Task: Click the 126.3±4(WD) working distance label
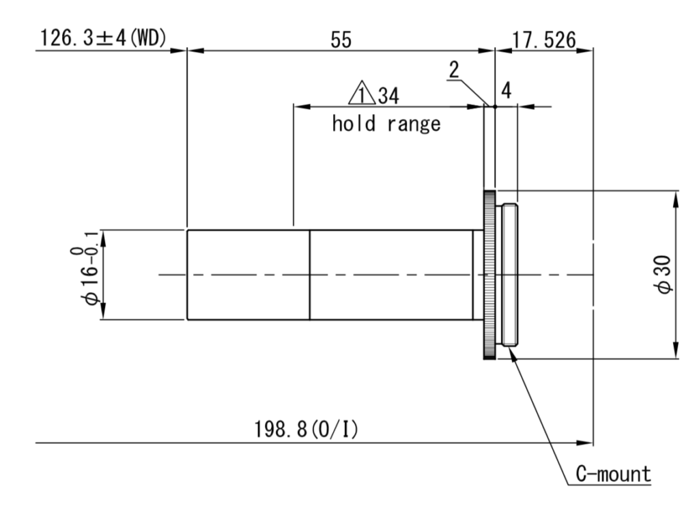point(103,38)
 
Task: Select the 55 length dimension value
point(341,40)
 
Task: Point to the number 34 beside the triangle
point(386,96)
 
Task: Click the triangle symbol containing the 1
point(360,94)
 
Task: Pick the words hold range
point(386,124)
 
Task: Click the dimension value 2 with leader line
point(455,69)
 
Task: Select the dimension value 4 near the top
point(506,90)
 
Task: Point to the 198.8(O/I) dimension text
point(306,430)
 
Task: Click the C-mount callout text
point(612,474)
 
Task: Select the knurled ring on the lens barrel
point(489,275)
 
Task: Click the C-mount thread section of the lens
point(509,275)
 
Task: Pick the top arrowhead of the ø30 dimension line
point(675,195)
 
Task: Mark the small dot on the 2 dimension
point(493,106)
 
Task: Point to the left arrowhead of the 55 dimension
point(192,50)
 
